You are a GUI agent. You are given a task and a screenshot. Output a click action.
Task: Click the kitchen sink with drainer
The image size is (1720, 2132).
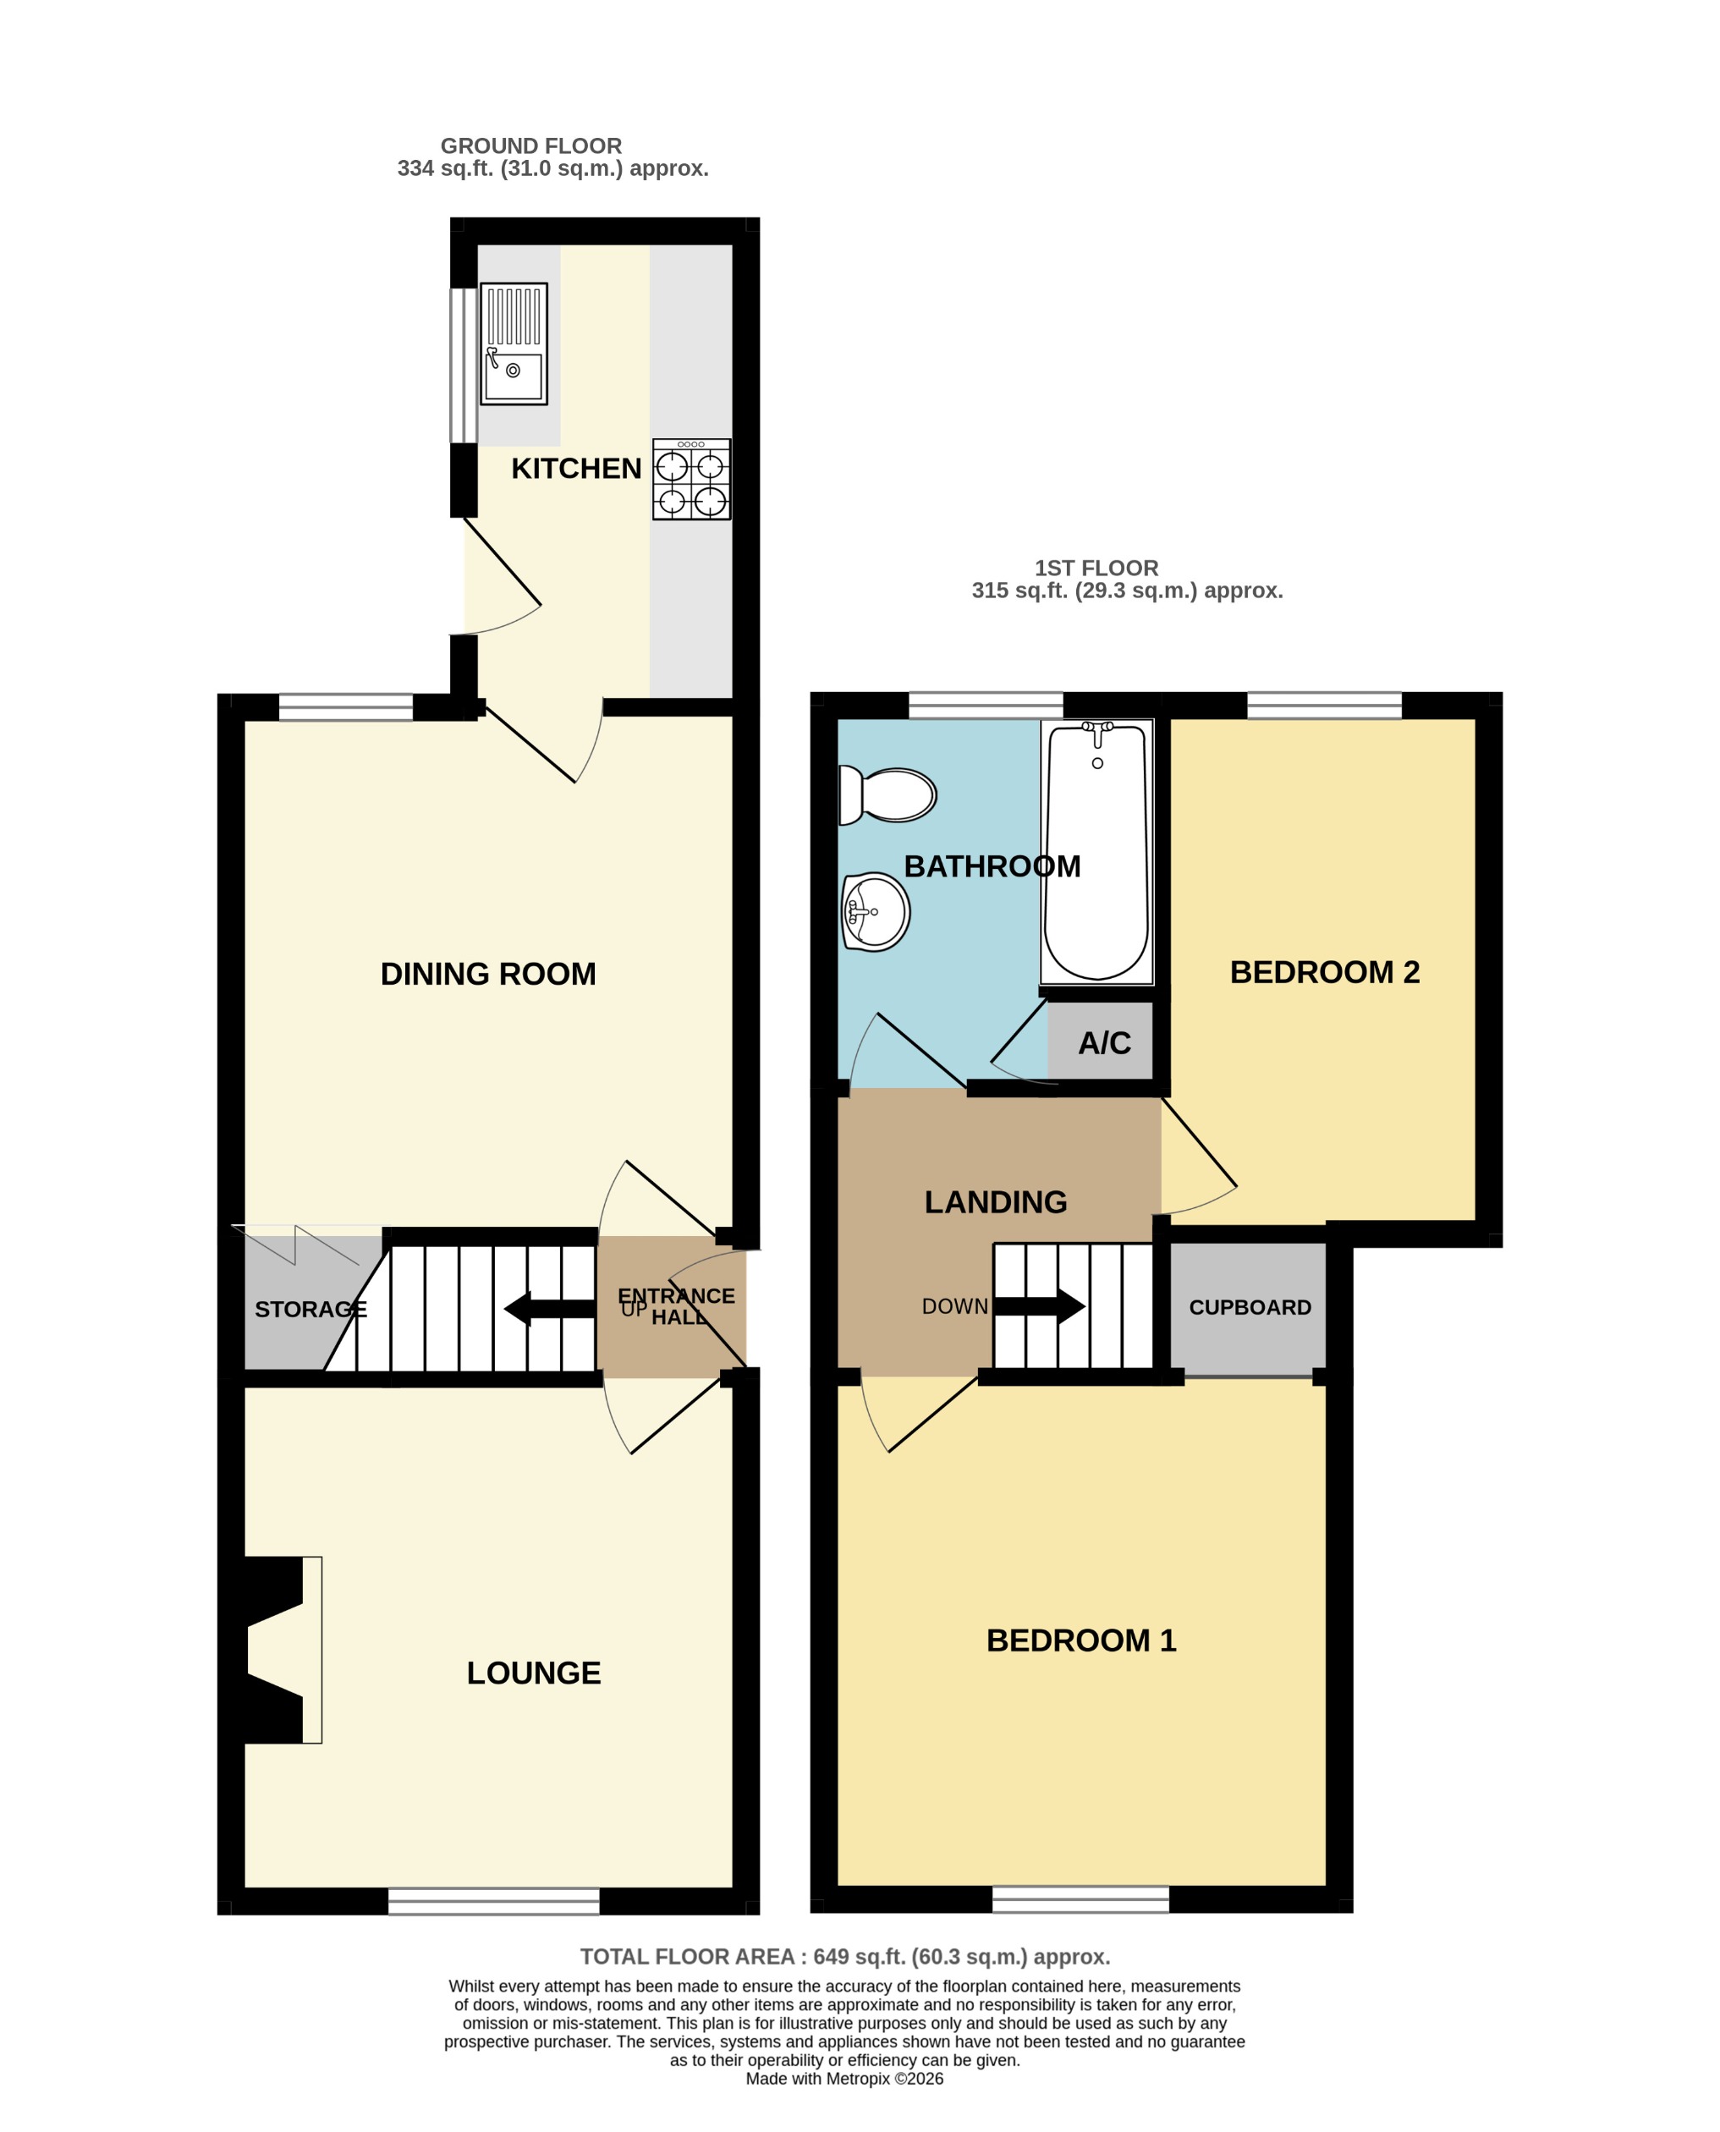514,343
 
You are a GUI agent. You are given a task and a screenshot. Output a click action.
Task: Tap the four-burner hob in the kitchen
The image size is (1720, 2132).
690,480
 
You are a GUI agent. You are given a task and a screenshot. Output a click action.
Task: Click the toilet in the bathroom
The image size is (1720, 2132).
887,794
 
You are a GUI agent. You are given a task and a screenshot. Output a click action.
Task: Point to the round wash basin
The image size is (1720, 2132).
876,911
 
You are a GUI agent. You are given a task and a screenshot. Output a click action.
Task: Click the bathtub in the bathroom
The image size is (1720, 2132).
1096,852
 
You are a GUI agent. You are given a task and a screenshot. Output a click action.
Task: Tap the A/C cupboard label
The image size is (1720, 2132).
1104,1043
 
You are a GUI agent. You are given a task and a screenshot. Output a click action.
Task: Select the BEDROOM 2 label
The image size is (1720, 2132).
1324,973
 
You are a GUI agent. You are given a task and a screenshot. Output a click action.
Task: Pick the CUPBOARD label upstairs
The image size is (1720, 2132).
1250,1308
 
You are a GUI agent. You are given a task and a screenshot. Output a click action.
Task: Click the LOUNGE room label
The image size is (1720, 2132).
533,1673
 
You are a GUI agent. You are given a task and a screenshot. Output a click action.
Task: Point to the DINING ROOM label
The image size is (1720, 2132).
487,975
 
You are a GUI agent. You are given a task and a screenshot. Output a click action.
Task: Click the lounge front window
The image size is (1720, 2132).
493,1901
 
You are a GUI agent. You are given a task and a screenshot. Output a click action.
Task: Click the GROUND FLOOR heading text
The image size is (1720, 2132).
531,146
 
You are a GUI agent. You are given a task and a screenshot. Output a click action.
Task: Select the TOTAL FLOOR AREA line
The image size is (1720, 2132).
844,1957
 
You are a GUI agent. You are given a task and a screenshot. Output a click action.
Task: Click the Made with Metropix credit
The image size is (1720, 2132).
844,2079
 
